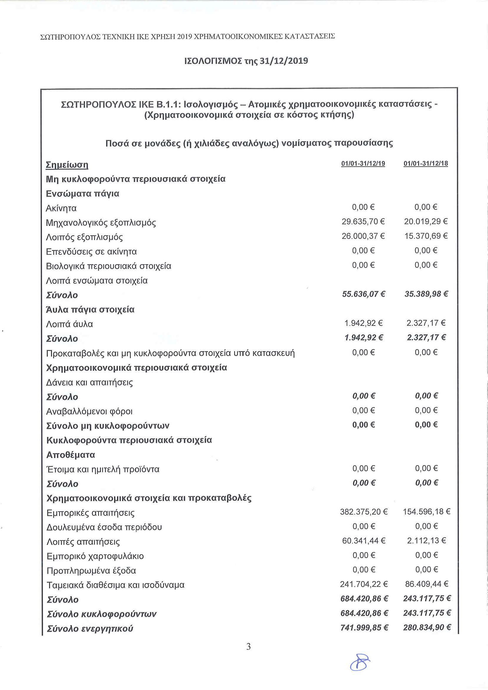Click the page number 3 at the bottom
[x=248, y=646]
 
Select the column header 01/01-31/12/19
[x=363, y=163]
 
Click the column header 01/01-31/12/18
[x=425, y=163]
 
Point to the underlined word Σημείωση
[x=67, y=165]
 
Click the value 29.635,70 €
[x=363, y=221]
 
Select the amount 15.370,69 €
[x=426, y=236]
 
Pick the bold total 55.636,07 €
[x=363, y=294]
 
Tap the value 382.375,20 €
[x=364, y=512]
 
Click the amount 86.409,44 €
[x=426, y=584]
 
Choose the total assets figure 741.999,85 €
[x=364, y=627]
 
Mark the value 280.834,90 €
[x=427, y=627]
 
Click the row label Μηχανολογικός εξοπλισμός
[x=101, y=223]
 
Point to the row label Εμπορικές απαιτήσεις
[x=91, y=513]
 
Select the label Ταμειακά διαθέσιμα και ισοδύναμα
[x=115, y=585]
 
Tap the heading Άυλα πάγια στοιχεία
[x=90, y=310]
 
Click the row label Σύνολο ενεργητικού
[x=90, y=629]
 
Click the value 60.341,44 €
[x=364, y=540]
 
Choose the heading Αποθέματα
[x=70, y=455]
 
